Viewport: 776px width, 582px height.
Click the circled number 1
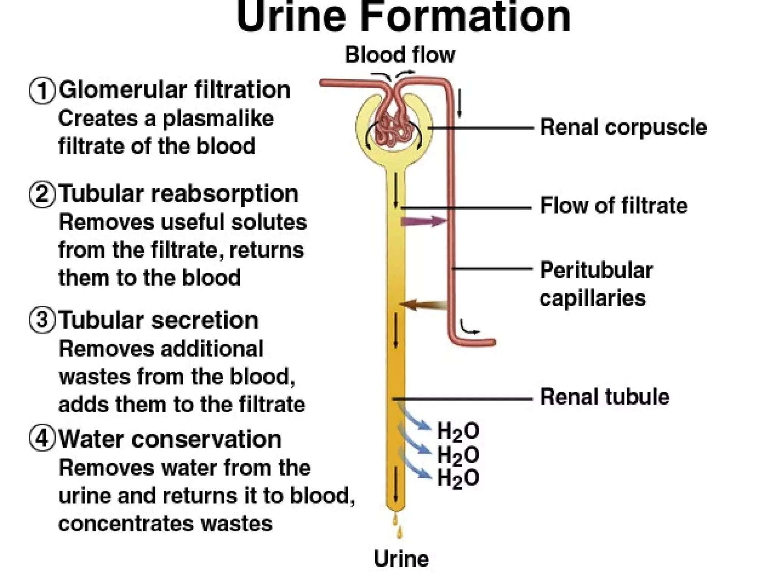click(x=42, y=91)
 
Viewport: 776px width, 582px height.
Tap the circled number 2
click(x=42, y=194)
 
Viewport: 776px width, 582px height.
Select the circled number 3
click(x=42, y=321)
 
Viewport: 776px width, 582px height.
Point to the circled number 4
click(x=42, y=439)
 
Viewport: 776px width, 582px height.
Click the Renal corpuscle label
click(x=623, y=127)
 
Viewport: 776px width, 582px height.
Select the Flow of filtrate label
click(x=613, y=206)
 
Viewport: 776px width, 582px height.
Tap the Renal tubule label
click(x=604, y=397)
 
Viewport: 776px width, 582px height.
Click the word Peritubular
click(x=596, y=271)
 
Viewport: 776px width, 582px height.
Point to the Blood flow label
click(x=400, y=55)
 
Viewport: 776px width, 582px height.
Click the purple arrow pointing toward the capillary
click(x=424, y=221)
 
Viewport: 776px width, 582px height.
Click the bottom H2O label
click(x=458, y=479)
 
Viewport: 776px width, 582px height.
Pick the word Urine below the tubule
click(x=401, y=559)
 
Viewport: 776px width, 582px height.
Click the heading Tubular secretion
click(x=159, y=321)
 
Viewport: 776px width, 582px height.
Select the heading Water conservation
click(x=170, y=439)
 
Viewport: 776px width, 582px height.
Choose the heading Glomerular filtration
click(x=175, y=90)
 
